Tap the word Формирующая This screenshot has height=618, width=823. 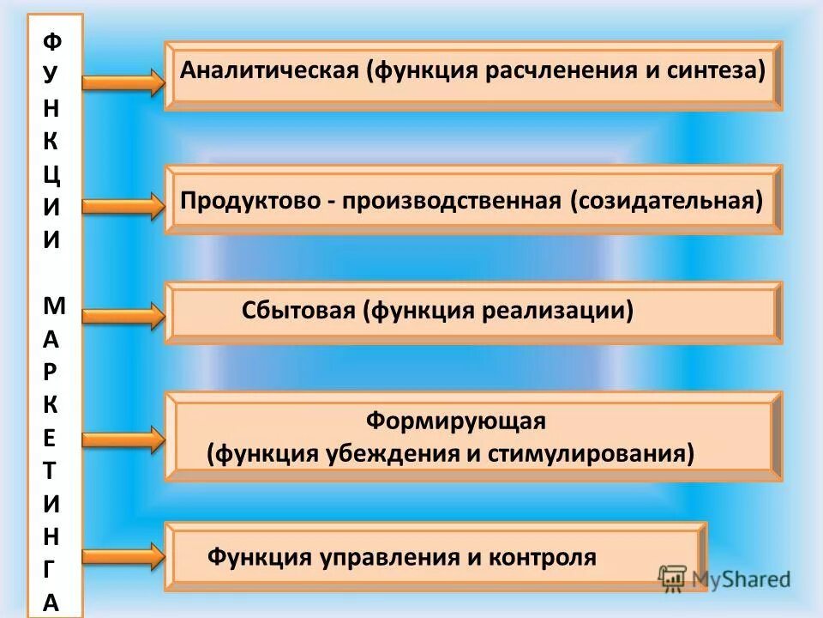point(455,421)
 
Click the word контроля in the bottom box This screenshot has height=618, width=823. point(543,557)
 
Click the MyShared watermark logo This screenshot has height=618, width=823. point(724,579)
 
